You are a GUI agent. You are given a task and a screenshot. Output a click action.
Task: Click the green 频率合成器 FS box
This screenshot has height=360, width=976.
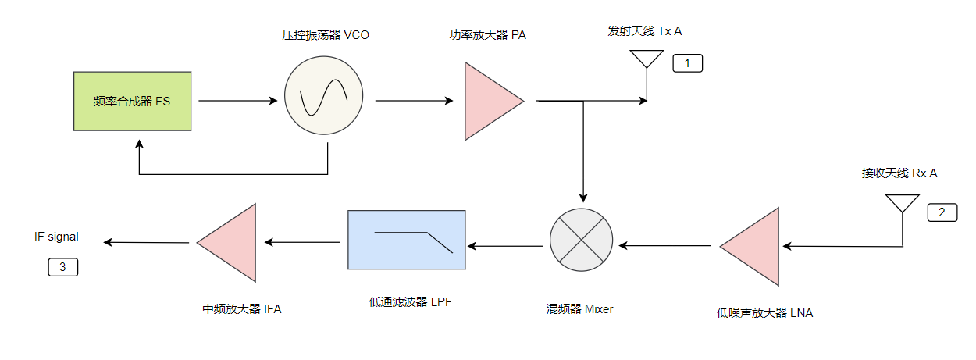click(x=132, y=101)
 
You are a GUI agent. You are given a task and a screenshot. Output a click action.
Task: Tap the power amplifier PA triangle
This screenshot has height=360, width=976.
click(x=490, y=101)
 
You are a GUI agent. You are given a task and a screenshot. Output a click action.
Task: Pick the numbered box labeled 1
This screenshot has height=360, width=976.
click(x=687, y=63)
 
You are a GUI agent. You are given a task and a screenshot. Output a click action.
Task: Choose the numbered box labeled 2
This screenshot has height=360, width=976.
click(x=942, y=212)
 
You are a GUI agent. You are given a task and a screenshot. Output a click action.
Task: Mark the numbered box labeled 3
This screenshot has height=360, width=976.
click(x=63, y=267)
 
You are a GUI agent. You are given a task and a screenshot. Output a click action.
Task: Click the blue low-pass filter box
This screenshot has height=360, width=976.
click(x=406, y=240)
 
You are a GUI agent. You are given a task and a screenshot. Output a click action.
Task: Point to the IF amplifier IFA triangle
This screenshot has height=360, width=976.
click(x=231, y=242)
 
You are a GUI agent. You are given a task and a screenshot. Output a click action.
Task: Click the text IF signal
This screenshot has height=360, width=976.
click(x=56, y=236)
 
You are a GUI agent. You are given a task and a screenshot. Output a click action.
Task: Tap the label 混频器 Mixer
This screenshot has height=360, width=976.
click(x=579, y=308)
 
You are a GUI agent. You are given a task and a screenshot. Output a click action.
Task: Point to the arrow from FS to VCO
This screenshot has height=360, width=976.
click(x=238, y=101)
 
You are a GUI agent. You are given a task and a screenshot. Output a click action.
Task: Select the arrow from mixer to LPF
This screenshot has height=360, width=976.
click(x=505, y=246)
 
